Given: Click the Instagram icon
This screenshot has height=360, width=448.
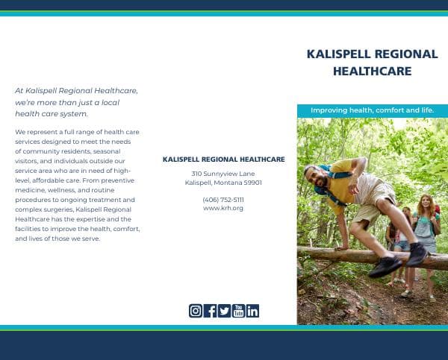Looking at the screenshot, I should tap(196, 311).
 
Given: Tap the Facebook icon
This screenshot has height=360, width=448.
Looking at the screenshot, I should tap(210, 311).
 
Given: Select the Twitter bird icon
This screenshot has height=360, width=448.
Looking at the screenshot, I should tap(224, 311).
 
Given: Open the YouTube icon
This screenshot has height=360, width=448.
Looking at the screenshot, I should tap(238, 311).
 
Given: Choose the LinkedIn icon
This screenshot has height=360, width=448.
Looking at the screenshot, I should tap(252, 311).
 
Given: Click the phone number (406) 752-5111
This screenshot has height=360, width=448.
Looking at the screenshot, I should tap(223, 200).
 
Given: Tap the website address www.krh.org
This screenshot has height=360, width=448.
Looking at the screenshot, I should tap(223, 208).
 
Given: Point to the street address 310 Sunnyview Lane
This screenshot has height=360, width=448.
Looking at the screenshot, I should tap(223, 174).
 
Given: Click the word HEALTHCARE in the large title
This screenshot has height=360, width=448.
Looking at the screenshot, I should tap(372, 72).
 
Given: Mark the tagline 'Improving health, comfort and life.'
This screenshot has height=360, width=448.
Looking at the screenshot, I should tap(372, 110).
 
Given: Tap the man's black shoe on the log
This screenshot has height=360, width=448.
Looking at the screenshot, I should tap(385, 265).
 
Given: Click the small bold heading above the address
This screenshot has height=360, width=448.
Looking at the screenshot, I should tap(223, 160).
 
